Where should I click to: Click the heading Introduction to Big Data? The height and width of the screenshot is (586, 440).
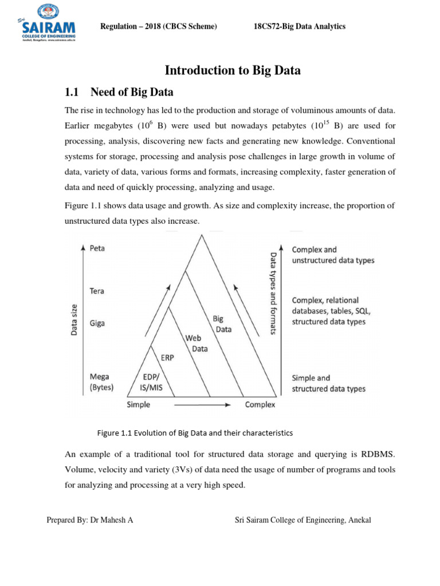pos(233,70)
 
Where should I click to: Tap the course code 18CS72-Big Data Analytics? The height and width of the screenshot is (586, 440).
pos(300,27)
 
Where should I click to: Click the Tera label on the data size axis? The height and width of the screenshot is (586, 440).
pos(97,291)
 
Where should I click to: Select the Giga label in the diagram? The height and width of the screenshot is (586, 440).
pos(97,323)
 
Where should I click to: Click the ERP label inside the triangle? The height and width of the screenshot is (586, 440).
pos(167,358)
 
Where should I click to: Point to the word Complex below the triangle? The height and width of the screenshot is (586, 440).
pos(260,405)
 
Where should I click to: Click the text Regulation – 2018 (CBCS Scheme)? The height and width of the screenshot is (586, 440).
pos(158,27)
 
